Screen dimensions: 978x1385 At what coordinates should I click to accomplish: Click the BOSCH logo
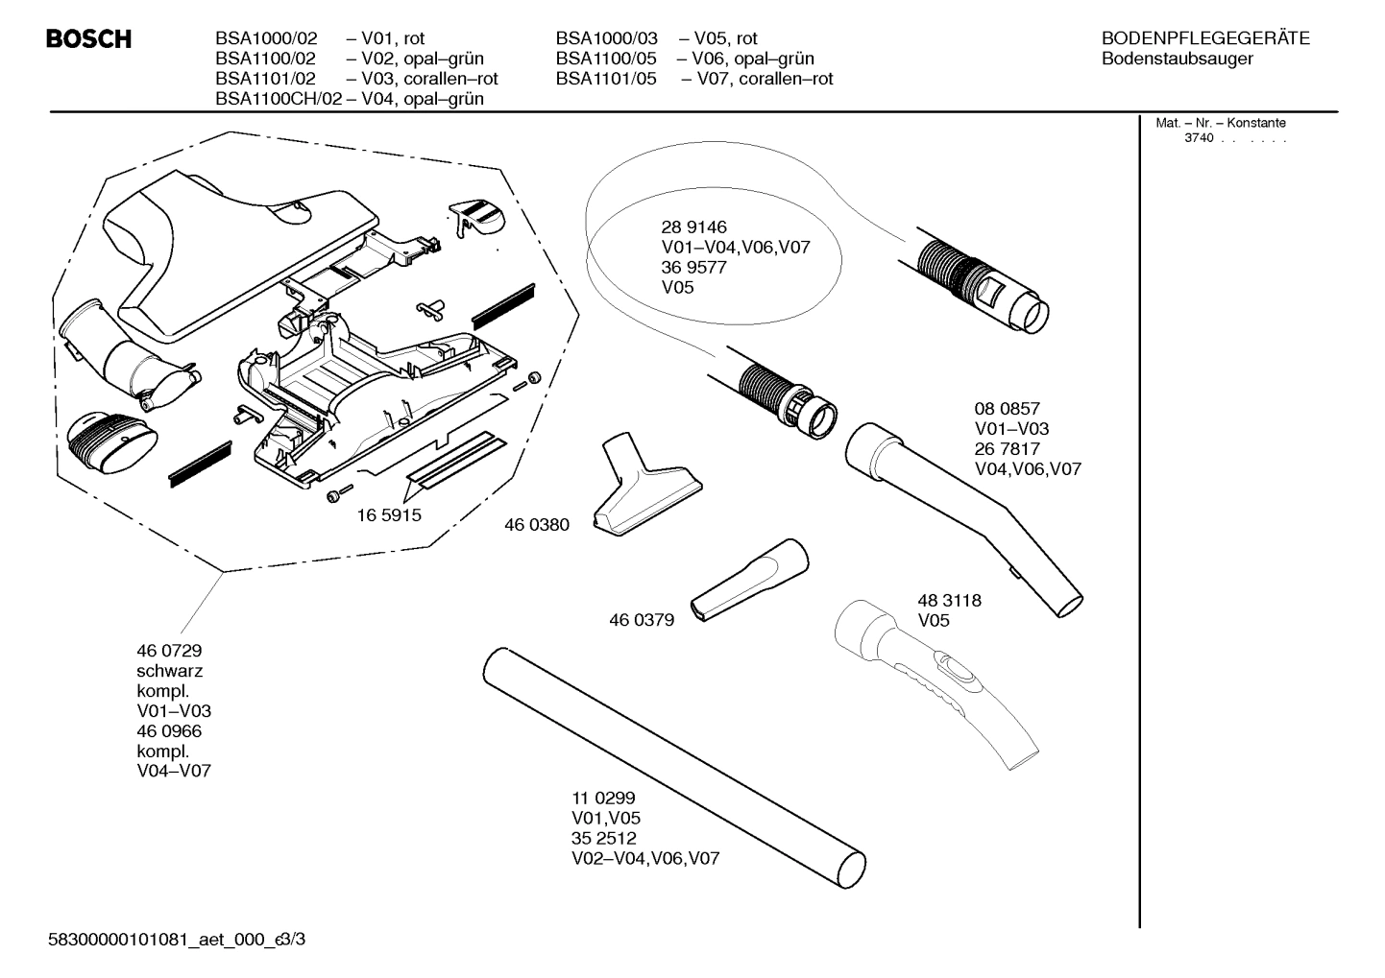(x=89, y=40)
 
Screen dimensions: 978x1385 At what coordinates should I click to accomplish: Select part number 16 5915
(x=389, y=515)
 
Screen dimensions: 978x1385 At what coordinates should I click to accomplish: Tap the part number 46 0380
(x=537, y=525)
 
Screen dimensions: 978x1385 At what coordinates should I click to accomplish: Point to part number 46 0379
(x=642, y=620)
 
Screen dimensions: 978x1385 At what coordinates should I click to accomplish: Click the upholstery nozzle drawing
(x=644, y=490)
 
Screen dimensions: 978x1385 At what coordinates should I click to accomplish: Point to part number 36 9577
(x=693, y=268)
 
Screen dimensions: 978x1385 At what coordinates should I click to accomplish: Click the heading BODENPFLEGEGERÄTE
(x=1205, y=38)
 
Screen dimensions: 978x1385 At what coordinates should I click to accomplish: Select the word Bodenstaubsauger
(x=1177, y=59)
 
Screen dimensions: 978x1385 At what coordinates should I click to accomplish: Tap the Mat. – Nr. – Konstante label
(x=1220, y=123)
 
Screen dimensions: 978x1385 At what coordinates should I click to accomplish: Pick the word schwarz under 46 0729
(x=170, y=671)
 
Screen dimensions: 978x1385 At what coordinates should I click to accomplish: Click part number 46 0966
(x=170, y=731)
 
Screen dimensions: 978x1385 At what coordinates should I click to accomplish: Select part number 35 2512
(x=603, y=838)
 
